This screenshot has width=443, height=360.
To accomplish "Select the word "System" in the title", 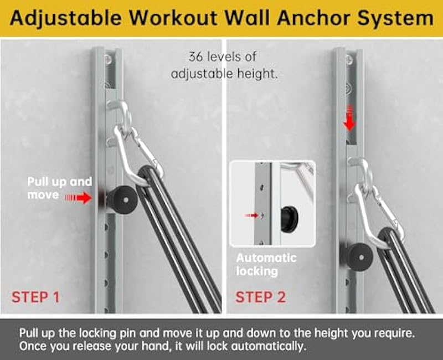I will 395,18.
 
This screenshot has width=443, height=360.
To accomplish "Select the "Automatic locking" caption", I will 266,265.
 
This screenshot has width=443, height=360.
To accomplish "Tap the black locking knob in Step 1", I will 120,197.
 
